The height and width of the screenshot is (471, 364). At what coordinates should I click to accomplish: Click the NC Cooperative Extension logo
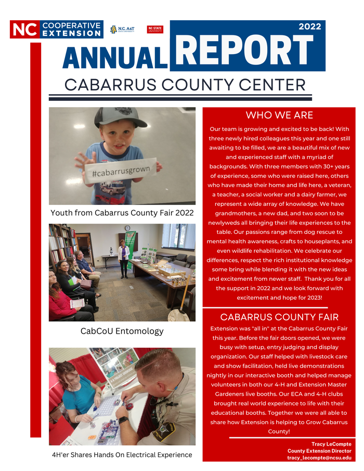(x=56, y=29)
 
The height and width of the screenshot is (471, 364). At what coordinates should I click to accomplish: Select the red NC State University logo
(x=155, y=30)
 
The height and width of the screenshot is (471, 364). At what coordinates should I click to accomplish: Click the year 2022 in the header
(x=309, y=27)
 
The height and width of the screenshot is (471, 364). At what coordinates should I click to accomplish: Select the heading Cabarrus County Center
(x=185, y=84)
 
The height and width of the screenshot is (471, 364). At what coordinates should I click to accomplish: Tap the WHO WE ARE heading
(x=279, y=115)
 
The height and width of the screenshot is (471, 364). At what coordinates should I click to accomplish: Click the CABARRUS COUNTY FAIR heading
(x=279, y=317)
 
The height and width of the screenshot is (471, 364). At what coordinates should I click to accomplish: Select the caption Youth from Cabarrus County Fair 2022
(x=122, y=213)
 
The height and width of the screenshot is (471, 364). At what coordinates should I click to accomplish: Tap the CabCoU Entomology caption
(x=122, y=331)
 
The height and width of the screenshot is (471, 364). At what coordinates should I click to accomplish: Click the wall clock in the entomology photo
(x=127, y=228)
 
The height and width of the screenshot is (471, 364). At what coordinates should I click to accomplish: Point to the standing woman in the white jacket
(x=124, y=257)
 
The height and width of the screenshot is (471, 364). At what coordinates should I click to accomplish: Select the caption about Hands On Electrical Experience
(x=122, y=455)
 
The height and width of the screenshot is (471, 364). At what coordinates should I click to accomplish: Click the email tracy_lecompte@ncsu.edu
(x=319, y=457)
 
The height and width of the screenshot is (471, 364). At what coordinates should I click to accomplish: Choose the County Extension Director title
(x=319, y=451)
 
